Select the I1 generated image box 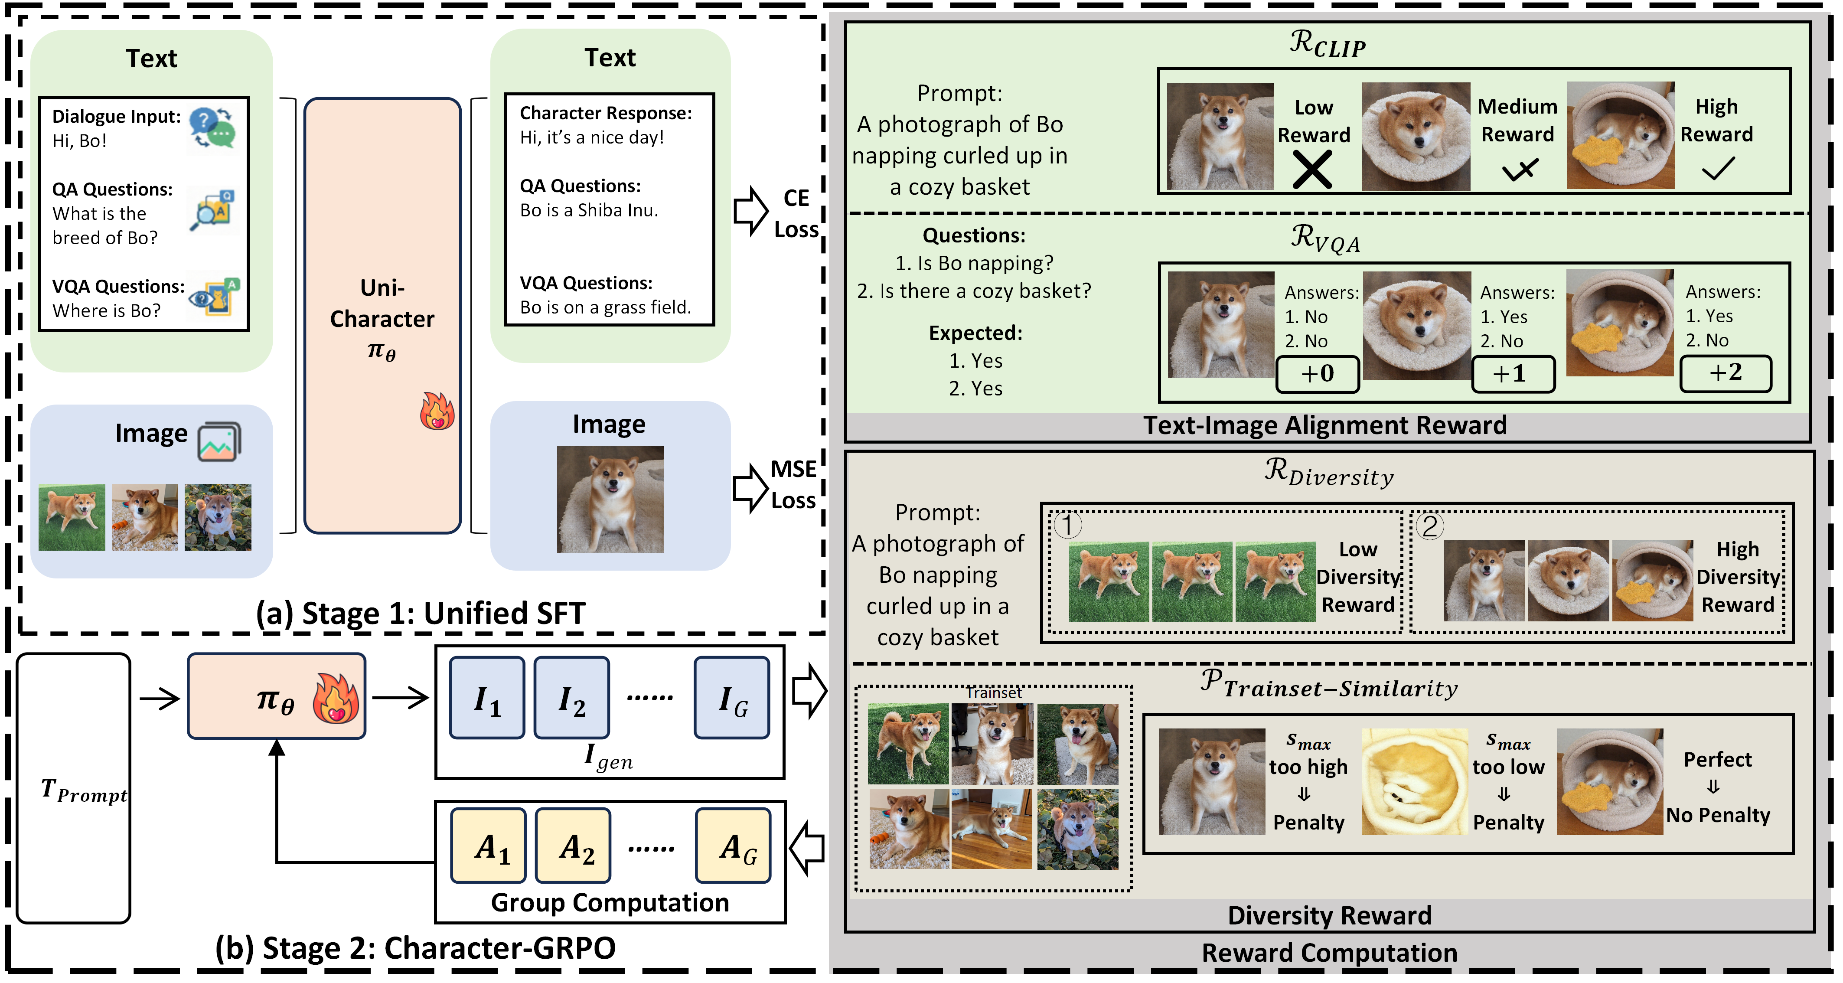pyautogui.click(x=486, y=698)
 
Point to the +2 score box pyautogui.click(x=1725, y=373)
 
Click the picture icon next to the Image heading pyautogui.click(x=219, y=441)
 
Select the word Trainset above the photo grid pyautogui.click(x=994, y=692)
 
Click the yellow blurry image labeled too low pyautogui.click(x=1414, y=781)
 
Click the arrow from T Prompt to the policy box pyautogui.click(x=159, y=698)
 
